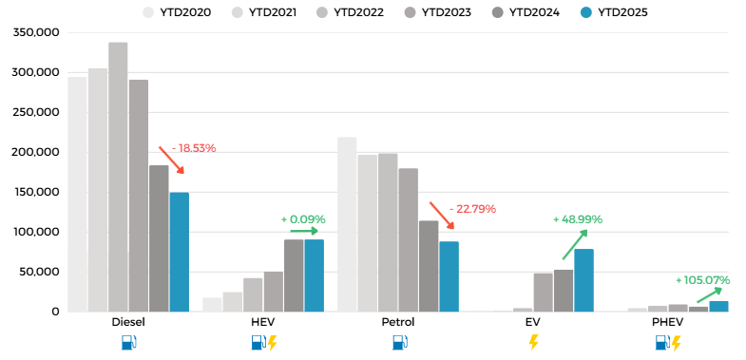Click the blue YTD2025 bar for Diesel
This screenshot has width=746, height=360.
click(179, 252)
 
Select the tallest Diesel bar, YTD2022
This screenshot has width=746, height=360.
click(118, 177)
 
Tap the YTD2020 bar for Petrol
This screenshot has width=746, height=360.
click(347, 224)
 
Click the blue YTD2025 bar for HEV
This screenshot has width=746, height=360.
click(314, 275)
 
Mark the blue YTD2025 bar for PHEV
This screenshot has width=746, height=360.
click(718, 306)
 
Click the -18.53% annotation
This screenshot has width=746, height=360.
click(194, 148)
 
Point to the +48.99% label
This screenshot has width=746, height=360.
click(578, 219)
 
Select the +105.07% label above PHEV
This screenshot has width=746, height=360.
click(702, 280)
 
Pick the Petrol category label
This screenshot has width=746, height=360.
click(398, 322)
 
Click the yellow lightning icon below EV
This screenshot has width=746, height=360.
click(533, 342)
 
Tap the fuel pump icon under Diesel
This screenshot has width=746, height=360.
click(128, 342)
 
